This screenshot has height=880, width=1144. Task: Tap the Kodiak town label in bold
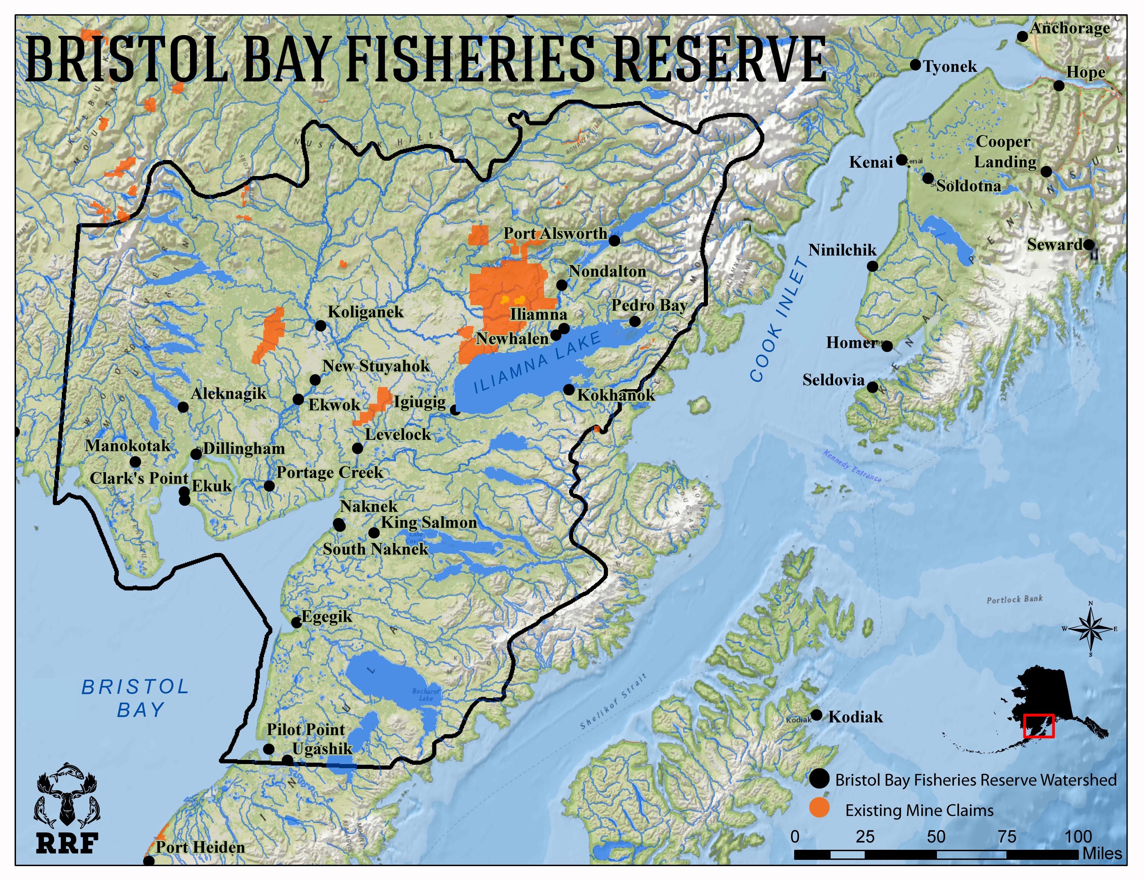(x=855, y=716)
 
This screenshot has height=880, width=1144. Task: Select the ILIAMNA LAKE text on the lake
(x=536, y=363)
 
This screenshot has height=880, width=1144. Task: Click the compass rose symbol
(x=1090, y=629)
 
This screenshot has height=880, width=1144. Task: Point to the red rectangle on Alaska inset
(x=1038, y=726)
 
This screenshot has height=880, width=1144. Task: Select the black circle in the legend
(x=819, y=779)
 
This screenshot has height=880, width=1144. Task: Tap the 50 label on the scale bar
(x=936, y=837)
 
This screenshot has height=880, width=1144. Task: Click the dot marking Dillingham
(x=196, y=454)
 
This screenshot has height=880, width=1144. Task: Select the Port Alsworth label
(x=555, y=234)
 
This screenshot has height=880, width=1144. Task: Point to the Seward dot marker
(x=1088, y=244)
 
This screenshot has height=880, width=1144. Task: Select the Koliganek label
(x=365, y=312)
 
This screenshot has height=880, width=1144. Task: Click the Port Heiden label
(x=200, y=847)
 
